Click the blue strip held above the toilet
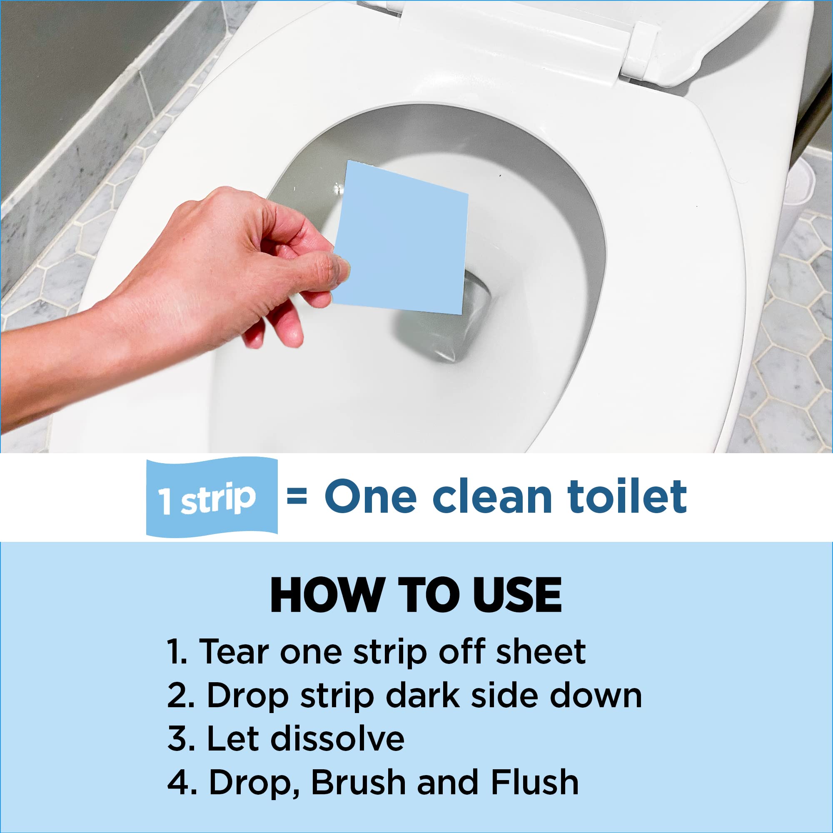point(403,239)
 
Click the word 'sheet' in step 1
point(541,652)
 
